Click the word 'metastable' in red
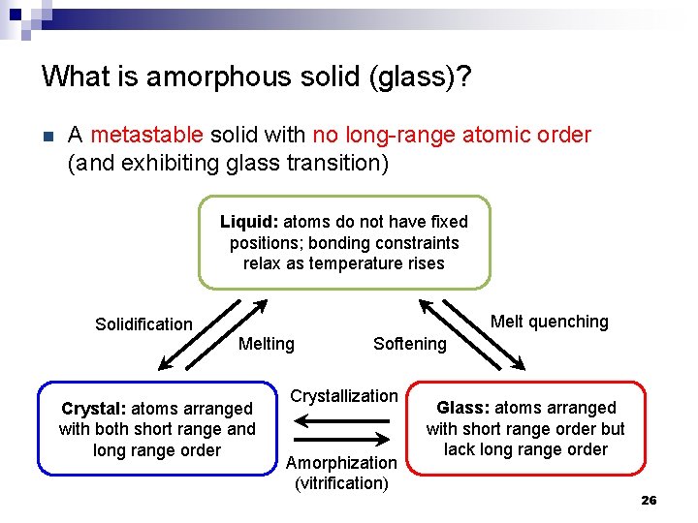tap(146, 135)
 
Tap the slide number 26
tap(649, 500)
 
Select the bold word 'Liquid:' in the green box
tap(249, 222)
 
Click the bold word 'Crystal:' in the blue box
tap(93, 409)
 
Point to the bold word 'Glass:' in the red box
tap(469, 408)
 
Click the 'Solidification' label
tap(143, 324)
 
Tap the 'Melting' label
tap(266, 344)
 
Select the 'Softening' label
tap(409, 344)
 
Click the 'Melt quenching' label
tap(549, 322)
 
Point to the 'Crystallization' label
tap(344, 396)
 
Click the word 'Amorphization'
tap(341, 463)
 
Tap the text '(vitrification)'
tap(341, 482)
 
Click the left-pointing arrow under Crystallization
tap(341, 420)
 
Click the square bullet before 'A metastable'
tap(46, 136)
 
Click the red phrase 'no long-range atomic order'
tap(452, 135)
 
